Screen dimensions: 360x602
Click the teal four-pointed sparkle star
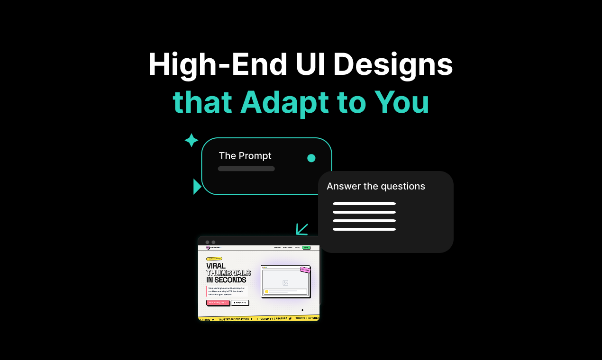coord(191,140)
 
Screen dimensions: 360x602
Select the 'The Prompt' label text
coord(245,156)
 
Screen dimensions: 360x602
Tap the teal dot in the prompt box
coord(311,158)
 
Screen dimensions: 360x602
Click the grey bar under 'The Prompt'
coord(246,169)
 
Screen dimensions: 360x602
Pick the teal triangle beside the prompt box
coord(197,187)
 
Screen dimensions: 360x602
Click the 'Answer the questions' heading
coord(376,186)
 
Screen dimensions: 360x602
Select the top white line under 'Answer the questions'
coord(364,204)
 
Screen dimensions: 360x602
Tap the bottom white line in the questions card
coord(364,229)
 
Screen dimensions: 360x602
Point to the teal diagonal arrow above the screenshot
coord(302,229)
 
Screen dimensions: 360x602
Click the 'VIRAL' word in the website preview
coord(216,266)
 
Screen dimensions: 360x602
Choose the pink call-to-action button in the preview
coord(218,303)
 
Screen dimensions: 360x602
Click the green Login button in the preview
coord(306,247)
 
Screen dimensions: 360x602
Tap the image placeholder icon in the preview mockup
coord(285,283)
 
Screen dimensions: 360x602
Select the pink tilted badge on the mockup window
coord(305,270)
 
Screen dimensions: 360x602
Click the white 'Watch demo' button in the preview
coord(240,303)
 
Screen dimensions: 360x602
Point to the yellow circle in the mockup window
coord(266,292)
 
